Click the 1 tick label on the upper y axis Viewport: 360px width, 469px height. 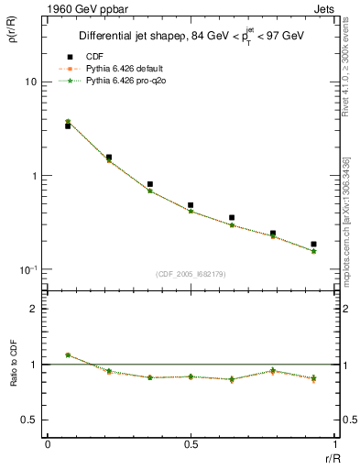[x=31, y=176]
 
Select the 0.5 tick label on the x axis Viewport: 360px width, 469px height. [x=191, y=444]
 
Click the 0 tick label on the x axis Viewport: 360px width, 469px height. [x=48, y=444]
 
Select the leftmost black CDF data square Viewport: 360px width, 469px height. [x=68, y=126]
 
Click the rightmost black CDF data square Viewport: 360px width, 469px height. [x=313, y=245]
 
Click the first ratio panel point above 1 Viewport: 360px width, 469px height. [x=68, y=354]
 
